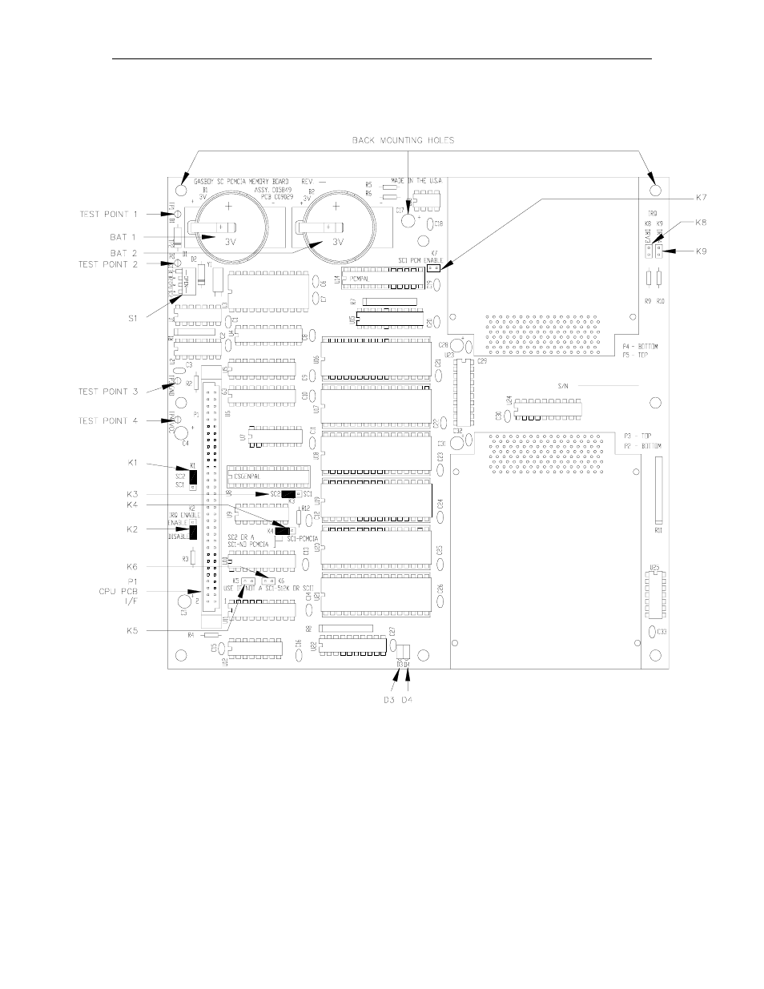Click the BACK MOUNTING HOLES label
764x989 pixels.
[x=404, y=141]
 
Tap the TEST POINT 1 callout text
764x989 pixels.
[x=109, y=214]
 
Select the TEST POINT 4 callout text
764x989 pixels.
[x=109, y=420]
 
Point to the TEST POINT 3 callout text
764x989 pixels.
[x=109, y=392]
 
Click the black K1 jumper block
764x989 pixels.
[x=193, y=477]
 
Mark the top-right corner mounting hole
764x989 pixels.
[x=656, y=191]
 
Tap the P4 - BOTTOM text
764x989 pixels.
[x=640, y=347]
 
